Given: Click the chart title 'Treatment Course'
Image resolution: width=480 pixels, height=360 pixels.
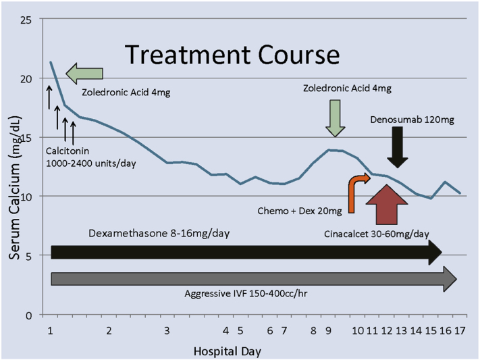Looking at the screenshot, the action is tap(232, 54).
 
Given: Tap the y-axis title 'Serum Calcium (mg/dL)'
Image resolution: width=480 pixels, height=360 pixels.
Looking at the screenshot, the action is tap(15, 188).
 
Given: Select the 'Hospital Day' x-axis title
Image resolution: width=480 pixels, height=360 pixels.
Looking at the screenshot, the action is tap(228, 351).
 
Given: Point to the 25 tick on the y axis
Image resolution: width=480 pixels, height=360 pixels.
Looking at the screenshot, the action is tap(26, 20).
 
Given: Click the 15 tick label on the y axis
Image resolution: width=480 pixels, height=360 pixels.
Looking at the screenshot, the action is tap(26, 138).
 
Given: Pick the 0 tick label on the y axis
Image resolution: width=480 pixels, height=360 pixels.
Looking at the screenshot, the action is tap(29, 315).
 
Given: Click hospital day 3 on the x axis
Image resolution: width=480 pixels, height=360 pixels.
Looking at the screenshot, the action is tap(167, 331).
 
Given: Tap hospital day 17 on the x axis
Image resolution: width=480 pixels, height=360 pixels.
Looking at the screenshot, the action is tap(460, 331).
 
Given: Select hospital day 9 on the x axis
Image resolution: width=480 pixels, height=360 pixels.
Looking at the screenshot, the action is tap(328, 331).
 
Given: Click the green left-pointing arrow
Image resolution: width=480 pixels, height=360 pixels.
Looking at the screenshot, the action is tap(84, 74).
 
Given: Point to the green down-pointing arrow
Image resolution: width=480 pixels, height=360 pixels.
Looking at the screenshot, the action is tap(336, 118).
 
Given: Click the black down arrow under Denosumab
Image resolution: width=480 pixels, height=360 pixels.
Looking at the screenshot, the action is tap(398, 147).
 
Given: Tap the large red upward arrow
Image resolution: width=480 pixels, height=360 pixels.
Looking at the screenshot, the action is tap(387, 205).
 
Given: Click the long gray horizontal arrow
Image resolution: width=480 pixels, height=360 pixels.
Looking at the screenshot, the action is tap(254, 279).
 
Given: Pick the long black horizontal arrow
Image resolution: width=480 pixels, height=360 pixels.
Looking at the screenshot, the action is tap(246, 253).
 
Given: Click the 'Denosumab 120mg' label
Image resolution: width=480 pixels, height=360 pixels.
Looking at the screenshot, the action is tap(412, 120).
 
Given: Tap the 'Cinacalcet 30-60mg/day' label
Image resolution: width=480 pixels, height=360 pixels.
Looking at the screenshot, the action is tap(377, 234).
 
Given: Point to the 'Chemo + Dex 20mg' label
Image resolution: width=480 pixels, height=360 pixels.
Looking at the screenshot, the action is tap(300, 211).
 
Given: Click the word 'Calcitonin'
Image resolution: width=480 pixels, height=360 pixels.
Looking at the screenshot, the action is tap(68, 151).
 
